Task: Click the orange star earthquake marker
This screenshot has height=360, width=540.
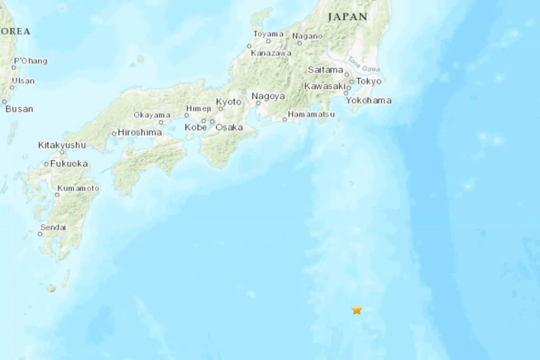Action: point(357,310)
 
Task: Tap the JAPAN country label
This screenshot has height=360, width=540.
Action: point(348,17)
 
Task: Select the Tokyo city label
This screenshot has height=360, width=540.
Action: point(369,81)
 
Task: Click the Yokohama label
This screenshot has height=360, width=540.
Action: point(369,100)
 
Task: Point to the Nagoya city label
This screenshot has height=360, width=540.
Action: point(269,96)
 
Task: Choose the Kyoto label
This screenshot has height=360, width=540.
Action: point(228,102)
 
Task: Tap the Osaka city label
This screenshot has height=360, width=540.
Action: point(229,127)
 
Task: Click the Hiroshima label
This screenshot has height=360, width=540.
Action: point(139,133)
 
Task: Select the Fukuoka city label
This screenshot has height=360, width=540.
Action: point(69,164)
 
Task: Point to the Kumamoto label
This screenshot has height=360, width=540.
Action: point(78,189)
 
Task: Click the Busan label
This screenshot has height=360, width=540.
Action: point(19,109)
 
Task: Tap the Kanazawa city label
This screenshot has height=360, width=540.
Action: point(271,54)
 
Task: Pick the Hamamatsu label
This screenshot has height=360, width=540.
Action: point(311,115)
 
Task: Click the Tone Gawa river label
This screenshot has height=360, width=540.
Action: point(363,64)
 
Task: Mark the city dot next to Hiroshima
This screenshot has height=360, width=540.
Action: point(114,133)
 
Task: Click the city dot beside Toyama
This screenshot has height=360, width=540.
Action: point(268,41)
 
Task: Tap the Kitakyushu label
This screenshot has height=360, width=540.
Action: point(62,145)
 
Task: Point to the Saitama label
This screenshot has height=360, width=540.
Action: point(325,70)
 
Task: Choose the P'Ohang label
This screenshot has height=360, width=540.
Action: point(30,61)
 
